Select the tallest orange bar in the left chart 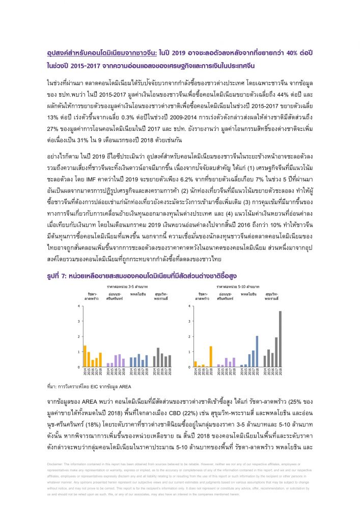tap(85, 356)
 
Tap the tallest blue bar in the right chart tap(257, 351)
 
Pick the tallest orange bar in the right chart tap(211, 356)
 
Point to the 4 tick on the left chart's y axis tap(79, 306)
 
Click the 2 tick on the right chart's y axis tap(189, 336)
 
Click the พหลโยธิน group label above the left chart tap(139, 295)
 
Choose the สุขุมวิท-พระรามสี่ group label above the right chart tap(271, 297)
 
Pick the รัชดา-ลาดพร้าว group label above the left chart tap(92, 297)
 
